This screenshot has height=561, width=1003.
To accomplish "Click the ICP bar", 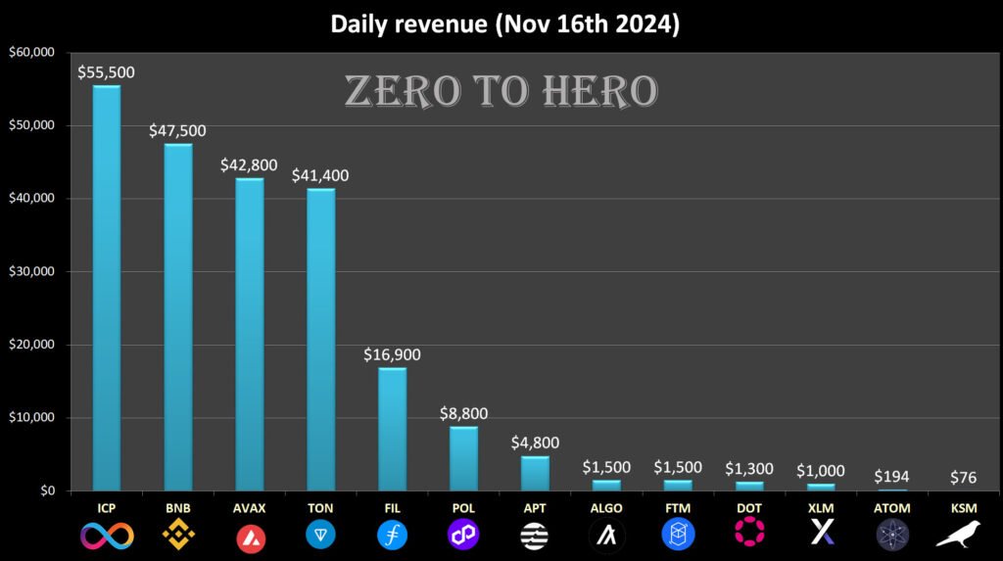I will (x=107, y=288).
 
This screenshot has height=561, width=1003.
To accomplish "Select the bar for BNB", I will (x=178, y=317).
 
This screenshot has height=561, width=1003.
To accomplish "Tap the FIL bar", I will (x=393, y=429).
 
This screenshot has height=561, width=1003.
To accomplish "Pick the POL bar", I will (x=464, y=458).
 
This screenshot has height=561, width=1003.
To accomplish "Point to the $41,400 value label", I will (x=321, y=176).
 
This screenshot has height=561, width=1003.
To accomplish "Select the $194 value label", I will (x=892, y=475).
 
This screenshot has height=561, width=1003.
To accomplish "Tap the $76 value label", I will (x=964, y=479).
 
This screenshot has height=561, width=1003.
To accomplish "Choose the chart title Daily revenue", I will (x=504, y=24).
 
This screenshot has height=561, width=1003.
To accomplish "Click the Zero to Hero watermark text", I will (x=501, y=91).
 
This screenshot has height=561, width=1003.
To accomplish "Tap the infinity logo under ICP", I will (x=107, y=535).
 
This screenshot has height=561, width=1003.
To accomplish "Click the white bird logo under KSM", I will (x=964, y=535).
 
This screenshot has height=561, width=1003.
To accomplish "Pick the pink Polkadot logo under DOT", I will (x=749, y=535).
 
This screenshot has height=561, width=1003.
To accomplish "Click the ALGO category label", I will (x=606, y=508).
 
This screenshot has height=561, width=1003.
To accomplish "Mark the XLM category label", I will (x=821, y=508).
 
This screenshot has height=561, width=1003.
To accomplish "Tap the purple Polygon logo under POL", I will (x=464, y=535).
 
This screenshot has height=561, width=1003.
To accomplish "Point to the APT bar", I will (x=535, y=473).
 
